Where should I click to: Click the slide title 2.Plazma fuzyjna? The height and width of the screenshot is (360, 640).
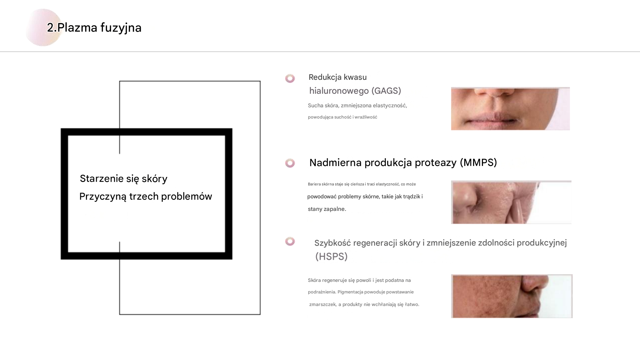94,28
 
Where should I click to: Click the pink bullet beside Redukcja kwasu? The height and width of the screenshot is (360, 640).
290,78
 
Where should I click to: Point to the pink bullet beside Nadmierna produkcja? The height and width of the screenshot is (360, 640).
290,163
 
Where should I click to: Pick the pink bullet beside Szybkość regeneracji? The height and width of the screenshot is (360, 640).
290,241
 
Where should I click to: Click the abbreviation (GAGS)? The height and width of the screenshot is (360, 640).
386,91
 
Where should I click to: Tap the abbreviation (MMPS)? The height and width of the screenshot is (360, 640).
478,163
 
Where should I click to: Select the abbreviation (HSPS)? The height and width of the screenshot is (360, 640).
331,256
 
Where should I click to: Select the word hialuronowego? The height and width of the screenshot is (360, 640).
339,91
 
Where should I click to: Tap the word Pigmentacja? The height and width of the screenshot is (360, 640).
350,292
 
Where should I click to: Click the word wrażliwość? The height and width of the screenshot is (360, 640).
366,117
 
